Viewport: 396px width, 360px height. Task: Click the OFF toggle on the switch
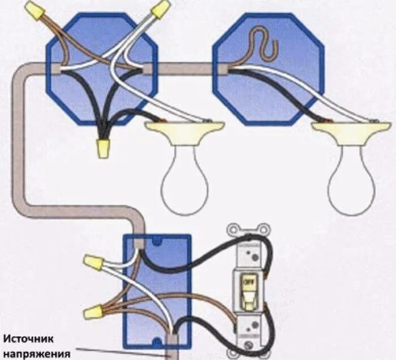[248, 285]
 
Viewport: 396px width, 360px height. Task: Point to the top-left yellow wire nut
[36, 10]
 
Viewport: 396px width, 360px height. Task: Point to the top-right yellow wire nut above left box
[161, 8]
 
